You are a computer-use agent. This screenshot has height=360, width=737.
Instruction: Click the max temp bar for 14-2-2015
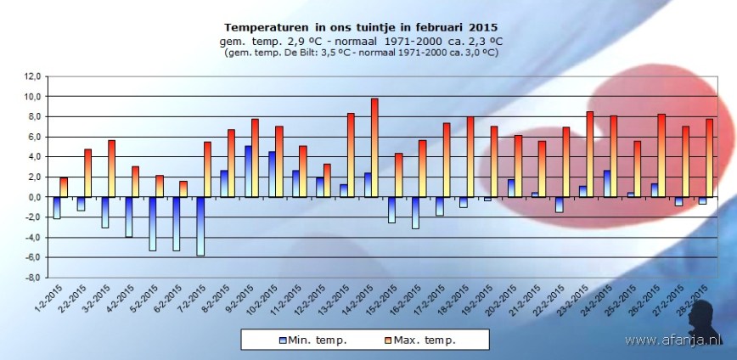[374, 148]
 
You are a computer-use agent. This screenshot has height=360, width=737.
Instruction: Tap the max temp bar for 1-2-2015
[64, 187]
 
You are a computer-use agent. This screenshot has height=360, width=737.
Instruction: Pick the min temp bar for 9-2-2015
[248, 172]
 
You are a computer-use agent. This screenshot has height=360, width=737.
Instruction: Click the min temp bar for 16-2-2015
[415, 212]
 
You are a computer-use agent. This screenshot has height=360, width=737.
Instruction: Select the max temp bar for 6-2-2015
[183, 188]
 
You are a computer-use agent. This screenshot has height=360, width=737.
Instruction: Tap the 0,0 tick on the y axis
[33, 197]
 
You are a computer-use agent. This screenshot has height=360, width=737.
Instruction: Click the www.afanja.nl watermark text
[676, 340]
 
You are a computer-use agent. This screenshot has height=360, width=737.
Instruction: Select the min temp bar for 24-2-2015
[606, 183]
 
